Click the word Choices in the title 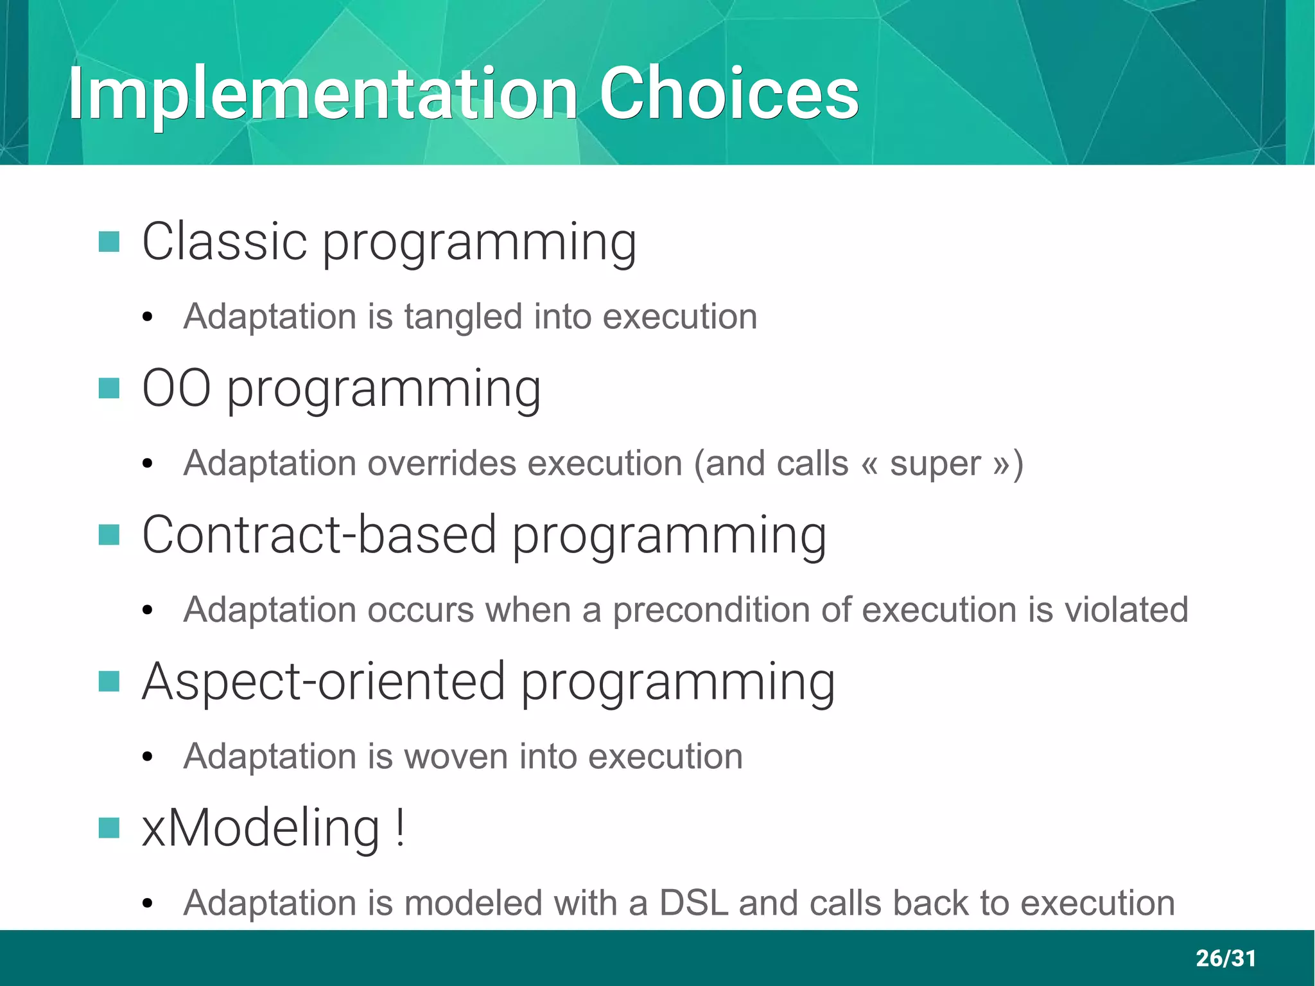coord(729,94)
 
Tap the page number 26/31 coord(1225,958)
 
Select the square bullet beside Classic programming coord(109,242)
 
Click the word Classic coord(224,242)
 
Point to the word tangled coord(463,317)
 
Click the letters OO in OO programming coord(176,389)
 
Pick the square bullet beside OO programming coord(109,388)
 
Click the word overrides coord(441,463)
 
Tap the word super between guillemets coord(935,463)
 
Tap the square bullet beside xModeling coord(109,828)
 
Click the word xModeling coord(261,828)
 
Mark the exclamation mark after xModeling coord(400,828)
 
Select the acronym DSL coord(693,903)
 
